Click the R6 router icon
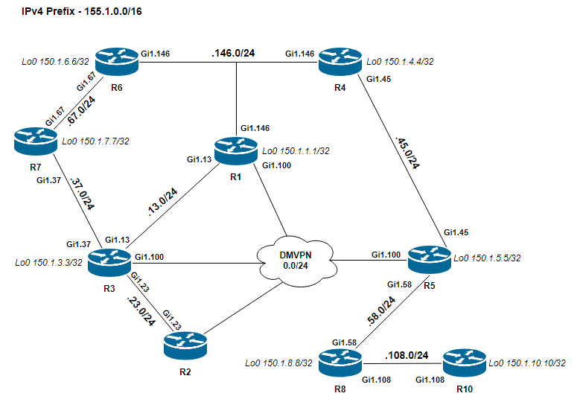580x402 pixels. (x=116, y=61)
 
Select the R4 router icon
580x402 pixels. (x=340, y=61)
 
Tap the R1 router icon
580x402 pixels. (x=235, y=150)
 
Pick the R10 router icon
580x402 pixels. (x=464, y=363)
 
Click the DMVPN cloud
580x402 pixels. (x=296, y=261)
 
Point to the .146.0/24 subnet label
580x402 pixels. (x=233, y=54)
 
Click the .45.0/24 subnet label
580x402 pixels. (x=407, y=153)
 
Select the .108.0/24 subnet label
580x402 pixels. (x=407, y=355)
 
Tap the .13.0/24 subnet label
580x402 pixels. (x=162, y=202)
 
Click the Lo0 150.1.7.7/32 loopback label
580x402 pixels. (x=95, y=141)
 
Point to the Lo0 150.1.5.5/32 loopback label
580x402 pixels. (x=487, y=258)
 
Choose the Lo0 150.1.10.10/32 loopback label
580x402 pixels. (x=527, y=363)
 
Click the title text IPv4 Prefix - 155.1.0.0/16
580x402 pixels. (x=82, y=11)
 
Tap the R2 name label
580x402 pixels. (x=185, y=372)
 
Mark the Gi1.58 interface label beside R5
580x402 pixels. (x=399, y=284)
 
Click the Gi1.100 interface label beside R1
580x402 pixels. (x=276, y=165)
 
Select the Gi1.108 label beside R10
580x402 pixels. (x=430, y=380)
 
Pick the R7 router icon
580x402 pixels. (x=36, y=141)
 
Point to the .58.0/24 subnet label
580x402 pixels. (x=381, y=311)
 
